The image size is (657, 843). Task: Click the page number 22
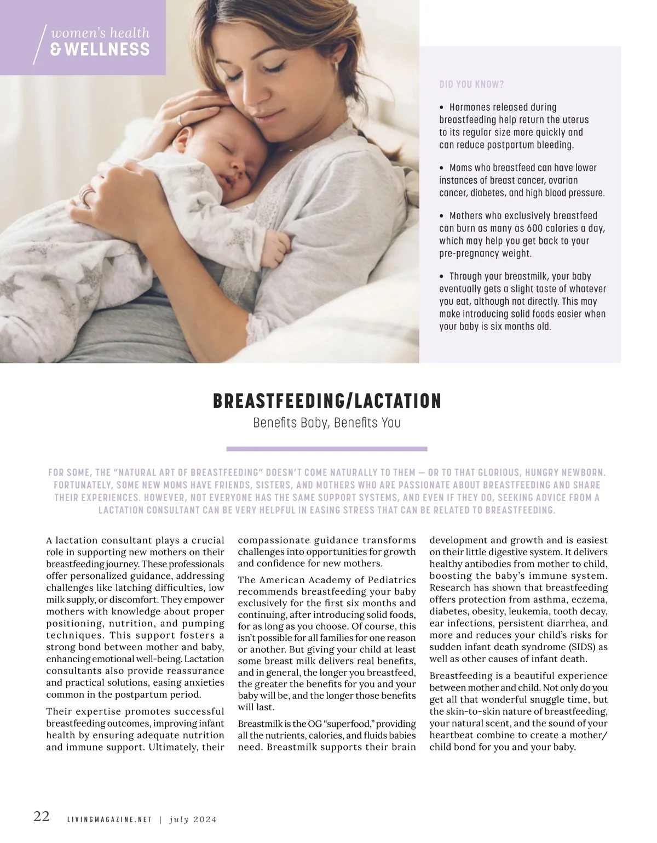(42, 816)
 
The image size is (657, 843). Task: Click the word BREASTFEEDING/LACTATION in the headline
(327, 401)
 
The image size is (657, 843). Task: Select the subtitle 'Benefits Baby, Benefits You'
(327, 423)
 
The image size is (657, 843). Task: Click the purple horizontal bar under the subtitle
(327, 449)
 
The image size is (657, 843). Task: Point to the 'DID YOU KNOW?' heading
(471, 84)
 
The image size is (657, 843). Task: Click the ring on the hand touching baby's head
(180, 120)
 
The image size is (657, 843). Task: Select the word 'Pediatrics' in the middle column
(386, 580)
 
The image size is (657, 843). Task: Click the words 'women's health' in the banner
(100, 33)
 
